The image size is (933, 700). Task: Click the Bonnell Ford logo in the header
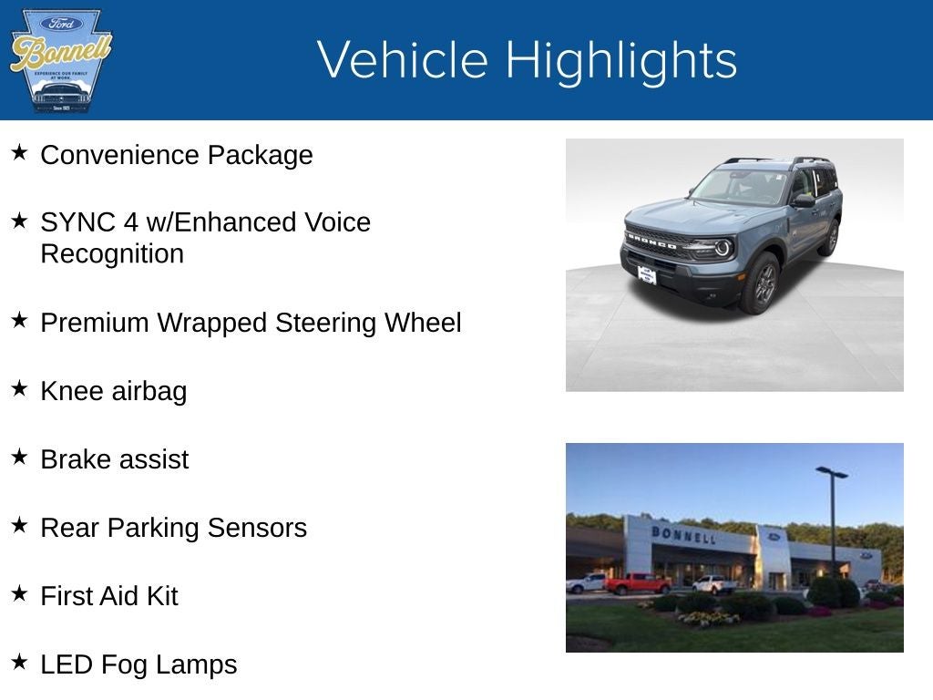[60, 60]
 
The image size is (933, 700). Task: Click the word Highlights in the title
[620, 60]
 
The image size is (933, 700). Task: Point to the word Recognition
[112, 253]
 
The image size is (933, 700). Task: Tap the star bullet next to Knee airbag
[19, 388]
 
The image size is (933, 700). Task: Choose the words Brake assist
[115, 458]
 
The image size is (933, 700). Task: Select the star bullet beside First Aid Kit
[19, 593]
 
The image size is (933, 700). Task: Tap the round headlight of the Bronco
[723, 248]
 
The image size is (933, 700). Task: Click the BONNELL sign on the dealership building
[683, 534]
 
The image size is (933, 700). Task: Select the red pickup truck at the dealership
[637, 583]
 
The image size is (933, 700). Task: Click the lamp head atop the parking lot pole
[831, 472]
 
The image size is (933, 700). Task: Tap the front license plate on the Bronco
[646, 274]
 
